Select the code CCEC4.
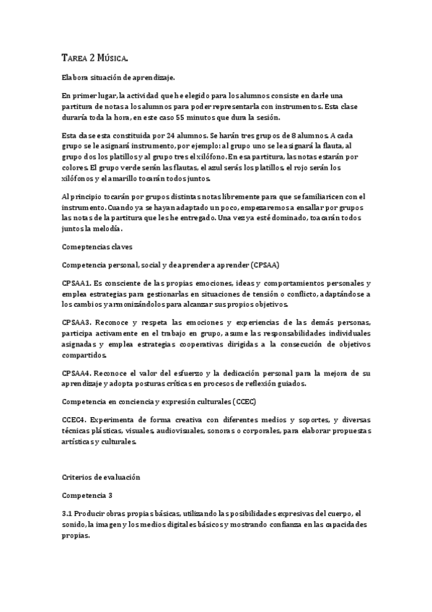(75, 420)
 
